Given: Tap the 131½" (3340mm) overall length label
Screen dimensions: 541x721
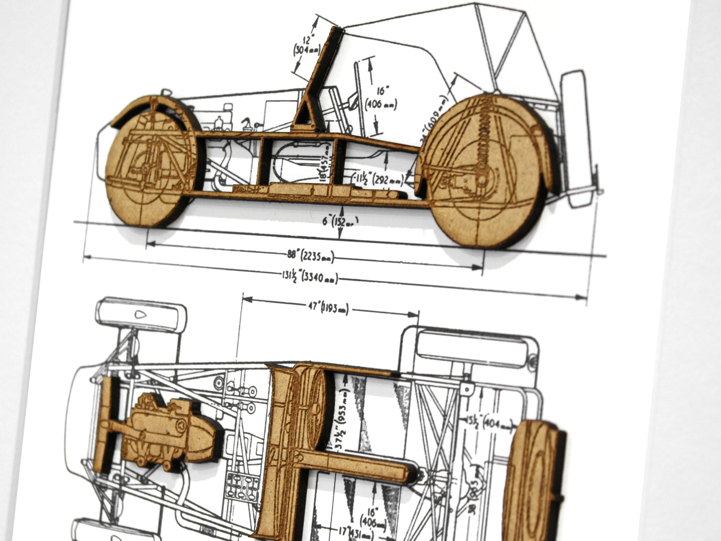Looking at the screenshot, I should tap(309, 276).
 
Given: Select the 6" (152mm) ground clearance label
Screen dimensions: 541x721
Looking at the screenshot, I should tap(340, 220).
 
